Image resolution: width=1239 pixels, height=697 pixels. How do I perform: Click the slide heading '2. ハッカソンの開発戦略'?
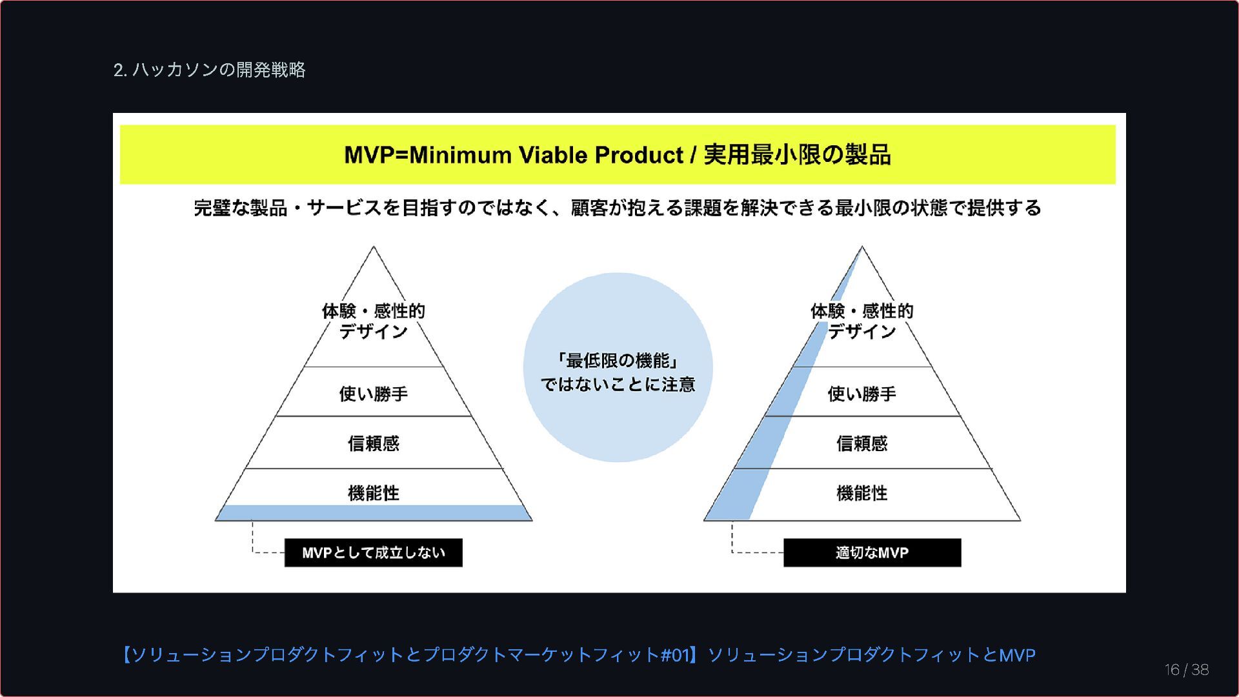209,70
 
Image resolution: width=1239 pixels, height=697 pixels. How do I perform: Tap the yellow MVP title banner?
618,155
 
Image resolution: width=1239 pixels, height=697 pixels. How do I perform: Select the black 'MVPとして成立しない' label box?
373,553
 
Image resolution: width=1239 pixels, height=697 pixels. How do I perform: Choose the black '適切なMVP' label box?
872,553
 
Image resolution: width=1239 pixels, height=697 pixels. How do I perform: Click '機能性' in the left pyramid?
373,493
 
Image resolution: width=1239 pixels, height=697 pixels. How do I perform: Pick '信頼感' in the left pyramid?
373,443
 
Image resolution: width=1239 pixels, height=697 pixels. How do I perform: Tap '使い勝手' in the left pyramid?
373,394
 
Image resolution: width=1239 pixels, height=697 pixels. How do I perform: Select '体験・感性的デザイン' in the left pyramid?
373,321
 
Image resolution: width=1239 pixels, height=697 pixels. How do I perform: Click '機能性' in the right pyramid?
861,493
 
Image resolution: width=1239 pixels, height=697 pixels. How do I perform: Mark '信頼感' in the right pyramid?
861,443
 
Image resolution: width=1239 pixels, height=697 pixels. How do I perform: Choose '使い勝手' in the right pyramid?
861,394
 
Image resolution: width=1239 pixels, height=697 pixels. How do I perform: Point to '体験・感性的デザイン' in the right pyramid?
861,321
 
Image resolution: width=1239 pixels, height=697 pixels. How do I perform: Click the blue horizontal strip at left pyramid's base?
373,513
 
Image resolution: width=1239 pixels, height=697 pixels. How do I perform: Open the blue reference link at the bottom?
578,655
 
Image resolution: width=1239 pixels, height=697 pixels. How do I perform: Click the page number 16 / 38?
1186,670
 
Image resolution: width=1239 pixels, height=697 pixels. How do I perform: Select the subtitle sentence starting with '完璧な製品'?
618,208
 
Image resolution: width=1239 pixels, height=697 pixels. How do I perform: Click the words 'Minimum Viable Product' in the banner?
545,155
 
